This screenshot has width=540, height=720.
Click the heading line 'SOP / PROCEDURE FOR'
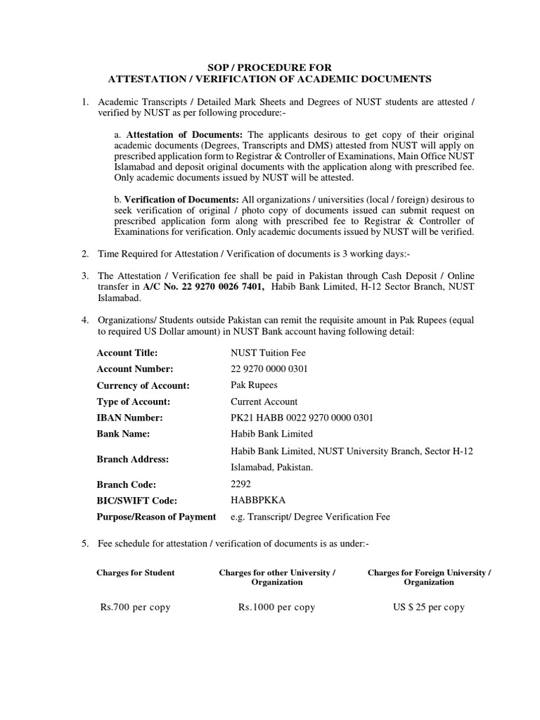[270, 67]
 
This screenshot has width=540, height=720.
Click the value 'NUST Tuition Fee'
[269, 353]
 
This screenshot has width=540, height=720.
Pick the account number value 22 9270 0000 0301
[269, 369]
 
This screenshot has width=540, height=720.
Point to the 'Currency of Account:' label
[143, 385]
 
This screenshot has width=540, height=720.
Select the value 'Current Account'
[264, 401]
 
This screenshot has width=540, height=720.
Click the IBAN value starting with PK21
[302, 418]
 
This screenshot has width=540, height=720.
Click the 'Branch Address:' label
[132, 458]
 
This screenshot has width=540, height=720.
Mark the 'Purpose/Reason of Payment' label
[156, 517]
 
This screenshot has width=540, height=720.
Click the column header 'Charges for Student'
[136, 573]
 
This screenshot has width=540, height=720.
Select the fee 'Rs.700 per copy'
[136, 607]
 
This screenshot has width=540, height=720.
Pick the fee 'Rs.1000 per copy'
[277, 607]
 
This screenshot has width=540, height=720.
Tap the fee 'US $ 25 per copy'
[429, 607]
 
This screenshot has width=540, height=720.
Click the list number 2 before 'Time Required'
[85, 253]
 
